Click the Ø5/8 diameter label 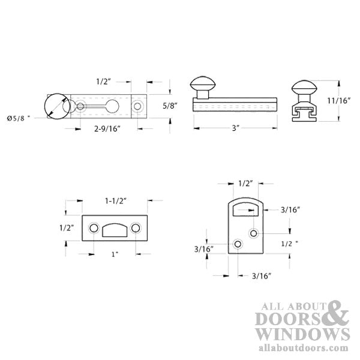point(19,118)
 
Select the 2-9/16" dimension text point(107,129)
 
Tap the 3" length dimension point(236,128)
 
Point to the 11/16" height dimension point(339,101)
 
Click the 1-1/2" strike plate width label point(116,201)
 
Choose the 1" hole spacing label point(115,254)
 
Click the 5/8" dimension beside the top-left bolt point(170,106)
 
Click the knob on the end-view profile point(304,88)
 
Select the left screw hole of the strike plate point(94,228)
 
